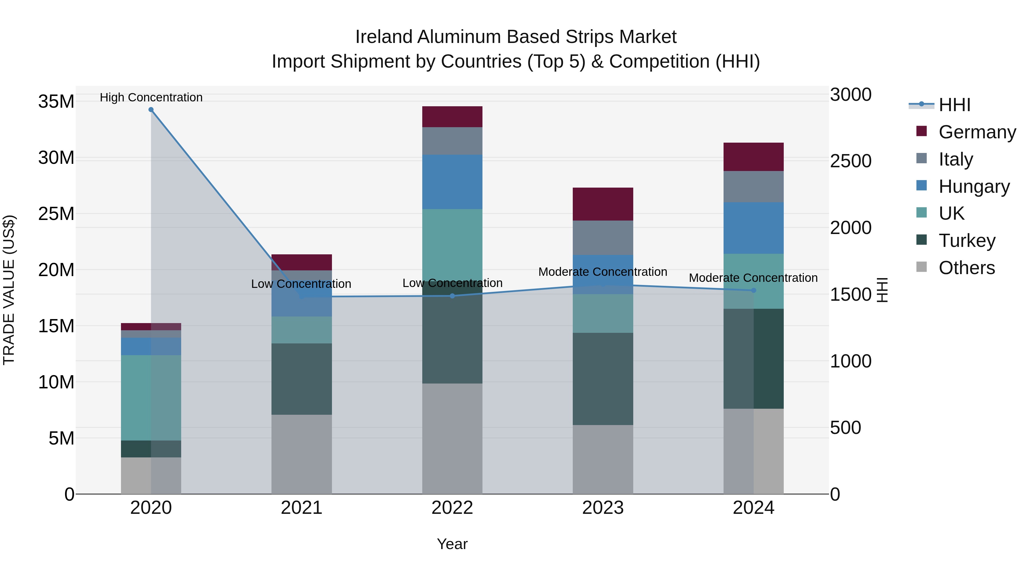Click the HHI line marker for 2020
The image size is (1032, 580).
tap(151, 110)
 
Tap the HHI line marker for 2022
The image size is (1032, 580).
tap(452, 296)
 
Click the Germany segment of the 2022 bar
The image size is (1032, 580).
tap(452, 117)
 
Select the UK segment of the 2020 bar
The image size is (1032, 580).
tap(151, 398)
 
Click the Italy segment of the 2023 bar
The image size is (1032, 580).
tap(603, 237)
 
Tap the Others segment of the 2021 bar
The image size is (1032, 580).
tap(302, 454)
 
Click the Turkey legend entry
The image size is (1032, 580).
tap(967, 241)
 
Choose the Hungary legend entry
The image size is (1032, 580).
tap(974, 186)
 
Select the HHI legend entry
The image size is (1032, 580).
tap(954, 105)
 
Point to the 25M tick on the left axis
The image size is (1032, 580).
tap(56, 214)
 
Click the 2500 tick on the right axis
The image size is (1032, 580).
tap(851, 161)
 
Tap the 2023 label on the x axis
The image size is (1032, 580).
tap(603, 508)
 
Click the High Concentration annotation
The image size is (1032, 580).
tap(151, 97)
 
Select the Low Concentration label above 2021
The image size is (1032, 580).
tap(301, 284)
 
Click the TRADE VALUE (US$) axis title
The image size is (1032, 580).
tap(9, 290)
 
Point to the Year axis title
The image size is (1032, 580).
tap(452, 544)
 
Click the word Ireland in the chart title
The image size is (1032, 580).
tap(384, 37)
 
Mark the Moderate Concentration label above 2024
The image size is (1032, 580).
tap(753, 278)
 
